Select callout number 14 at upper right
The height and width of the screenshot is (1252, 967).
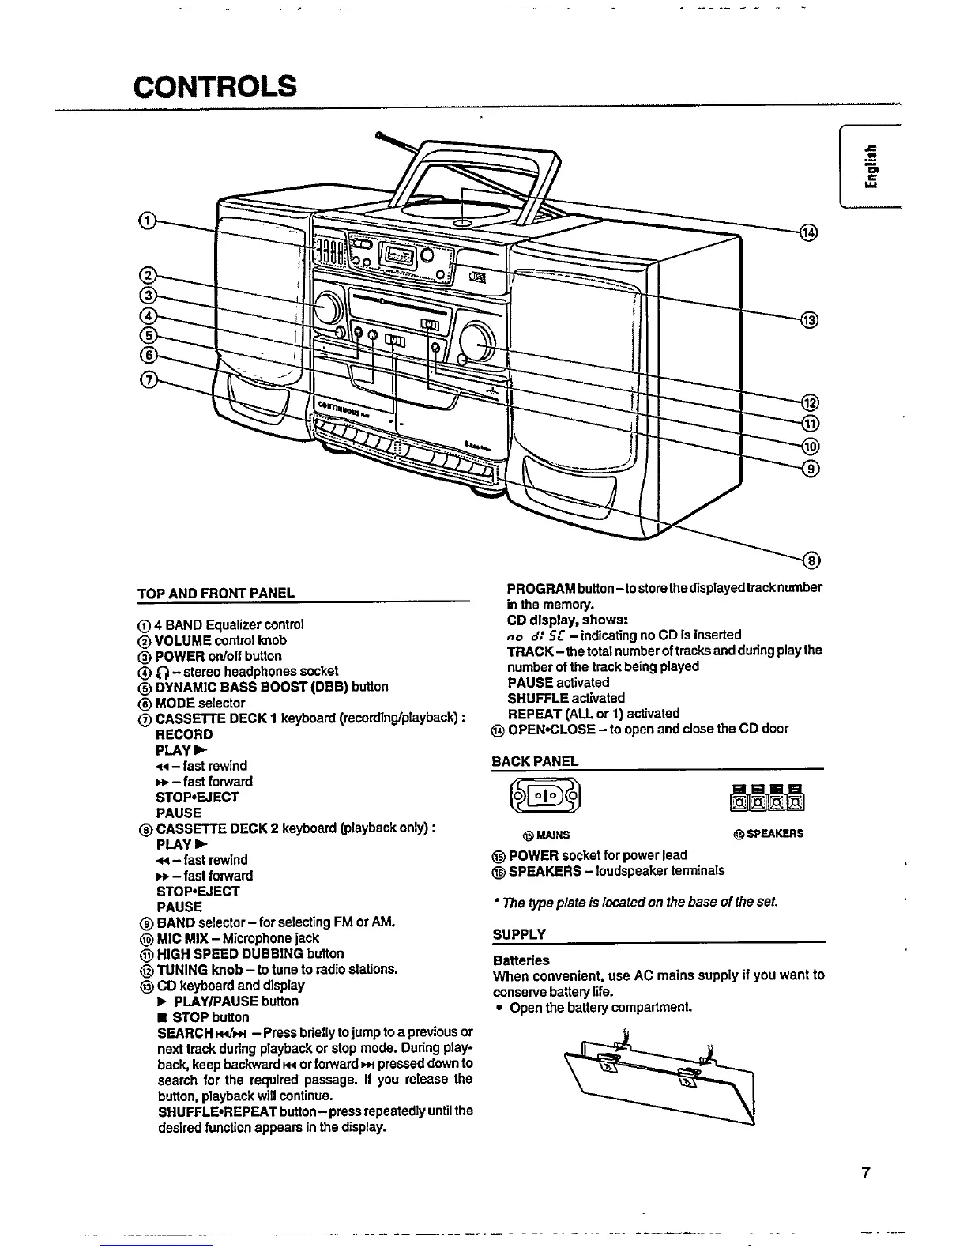tap(808, 232)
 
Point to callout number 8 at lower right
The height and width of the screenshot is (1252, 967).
tap(810, 561)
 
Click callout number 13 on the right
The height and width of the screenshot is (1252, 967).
tap(808, 320)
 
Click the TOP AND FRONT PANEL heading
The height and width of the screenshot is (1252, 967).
tap(215, 593)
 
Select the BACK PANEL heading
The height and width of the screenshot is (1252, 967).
tap(535, 761)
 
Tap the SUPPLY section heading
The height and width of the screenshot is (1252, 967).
tap(519, 934)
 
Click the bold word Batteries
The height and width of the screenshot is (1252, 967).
tap(521, 960)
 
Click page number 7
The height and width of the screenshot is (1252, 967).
tap(866, 1172)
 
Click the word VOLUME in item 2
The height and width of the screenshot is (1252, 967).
tap(183, 640)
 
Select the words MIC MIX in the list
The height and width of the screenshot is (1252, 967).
tap(182, 938)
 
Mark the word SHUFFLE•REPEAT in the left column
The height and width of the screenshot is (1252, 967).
tap(208, 1111)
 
